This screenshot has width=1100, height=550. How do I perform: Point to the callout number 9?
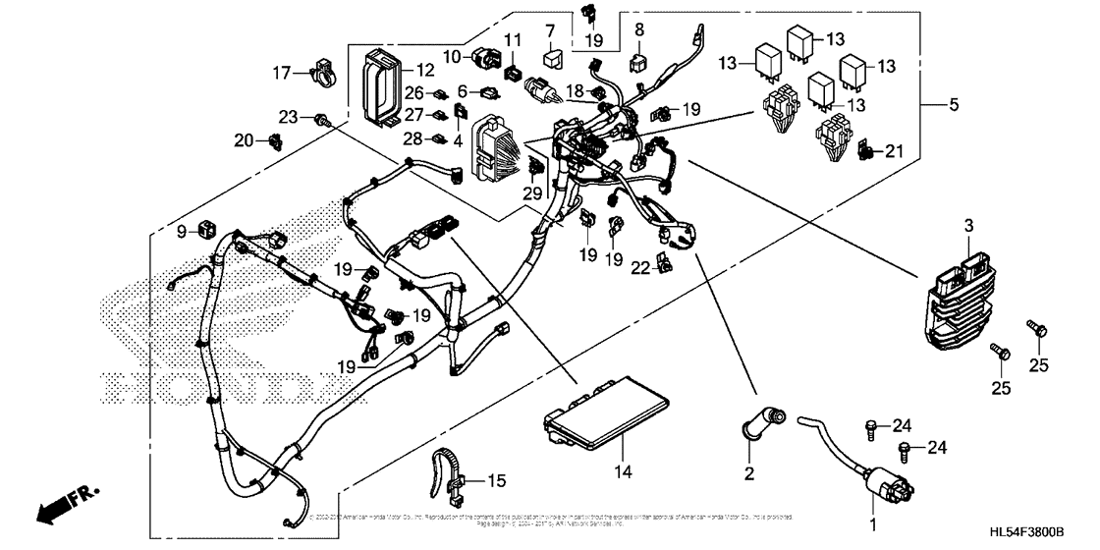coord(181,231)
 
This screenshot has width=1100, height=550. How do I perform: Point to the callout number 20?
coord(243,141)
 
